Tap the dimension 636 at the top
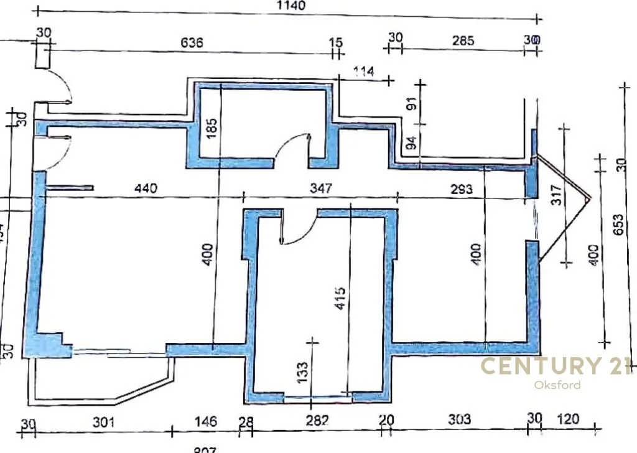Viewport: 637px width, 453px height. point(192,43)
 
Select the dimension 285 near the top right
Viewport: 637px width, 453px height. point(463,41)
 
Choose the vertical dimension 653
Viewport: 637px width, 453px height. point(618,222)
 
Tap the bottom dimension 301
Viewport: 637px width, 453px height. point(104,422)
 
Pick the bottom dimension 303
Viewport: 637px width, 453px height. point(460,420)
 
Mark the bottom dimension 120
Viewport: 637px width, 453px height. point(567,419)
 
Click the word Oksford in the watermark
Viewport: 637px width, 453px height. point(557,385)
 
